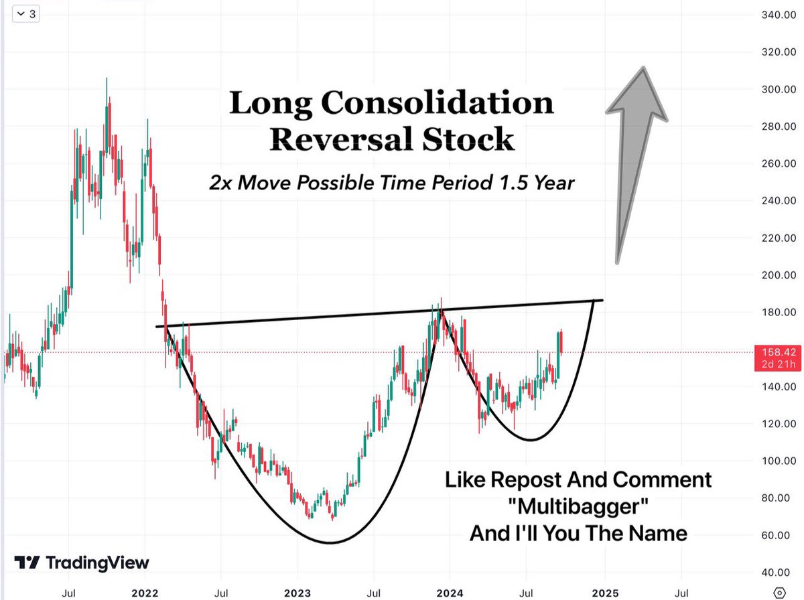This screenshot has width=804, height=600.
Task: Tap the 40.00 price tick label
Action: point(778,573)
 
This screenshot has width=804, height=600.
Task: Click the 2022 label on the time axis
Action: point(145,593)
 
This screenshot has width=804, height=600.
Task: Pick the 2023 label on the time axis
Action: point(297,593)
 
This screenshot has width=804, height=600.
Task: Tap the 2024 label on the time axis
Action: point(450,593)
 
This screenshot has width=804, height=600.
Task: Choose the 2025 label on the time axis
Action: point(604,593)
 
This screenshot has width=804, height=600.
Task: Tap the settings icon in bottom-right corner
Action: point(779,593)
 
